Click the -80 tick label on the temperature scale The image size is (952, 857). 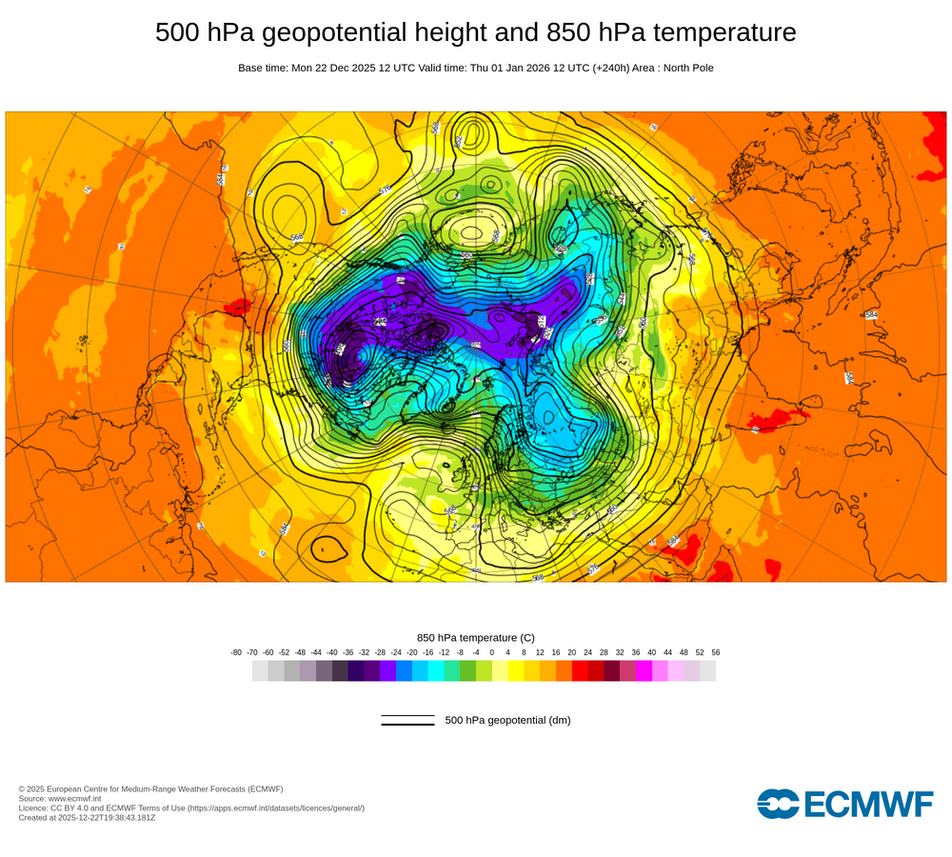[x=236, y=652]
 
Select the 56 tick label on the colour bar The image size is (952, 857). [x=716, y=652]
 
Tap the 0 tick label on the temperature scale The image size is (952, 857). [x=492, y=652]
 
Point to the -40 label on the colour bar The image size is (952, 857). [x=332, y=652]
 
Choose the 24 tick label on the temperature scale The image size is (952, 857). [x=587, y=652]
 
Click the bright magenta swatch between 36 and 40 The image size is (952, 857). [x=644, y=670]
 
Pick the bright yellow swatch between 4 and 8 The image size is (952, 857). [x=516, y=670]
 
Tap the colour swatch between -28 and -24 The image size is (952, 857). [x=387, y=670]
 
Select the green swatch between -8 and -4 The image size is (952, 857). [x=467, y=670]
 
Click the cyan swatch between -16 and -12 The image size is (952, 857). [x=436, y=670]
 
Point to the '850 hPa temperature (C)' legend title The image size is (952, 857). [x=476, y=637]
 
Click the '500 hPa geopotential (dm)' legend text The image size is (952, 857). [x=507, y=720]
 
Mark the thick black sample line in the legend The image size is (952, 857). [x=407, y=725]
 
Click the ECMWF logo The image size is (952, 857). [x=845, y=804]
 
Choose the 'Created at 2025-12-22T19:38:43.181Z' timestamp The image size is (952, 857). [x=87, y=817]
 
